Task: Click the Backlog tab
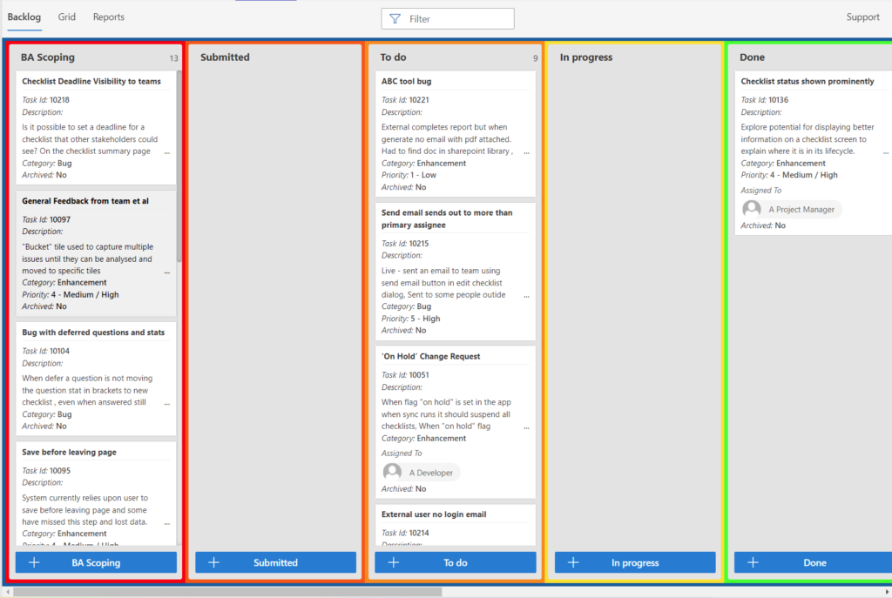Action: [x=24, y=17]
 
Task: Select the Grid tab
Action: [x=66, y=17]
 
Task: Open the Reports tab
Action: [x=109, y=17]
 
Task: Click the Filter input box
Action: [x=448, y=19]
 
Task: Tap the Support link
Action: [x=862, y=17]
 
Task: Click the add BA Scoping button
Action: [x=96, y=562]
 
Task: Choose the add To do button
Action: [x=455, y=562]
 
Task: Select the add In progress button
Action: [x=635, y=562]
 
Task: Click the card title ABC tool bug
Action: [x=406, y=81]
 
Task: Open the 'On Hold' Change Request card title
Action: [x=430, y=356]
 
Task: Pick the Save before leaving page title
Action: [x=70, y=452]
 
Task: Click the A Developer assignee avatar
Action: [x=392, y=472]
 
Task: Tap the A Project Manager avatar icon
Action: [x=752, y=209]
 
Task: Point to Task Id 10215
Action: [x=405, y=244]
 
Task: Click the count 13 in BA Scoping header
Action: [x=173, y=58]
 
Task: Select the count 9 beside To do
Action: [x=536, y=58]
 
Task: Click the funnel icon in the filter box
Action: [x=395, y=19]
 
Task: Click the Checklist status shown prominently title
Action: [x=808, y=81]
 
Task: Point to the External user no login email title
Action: [x=434, y=514]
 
